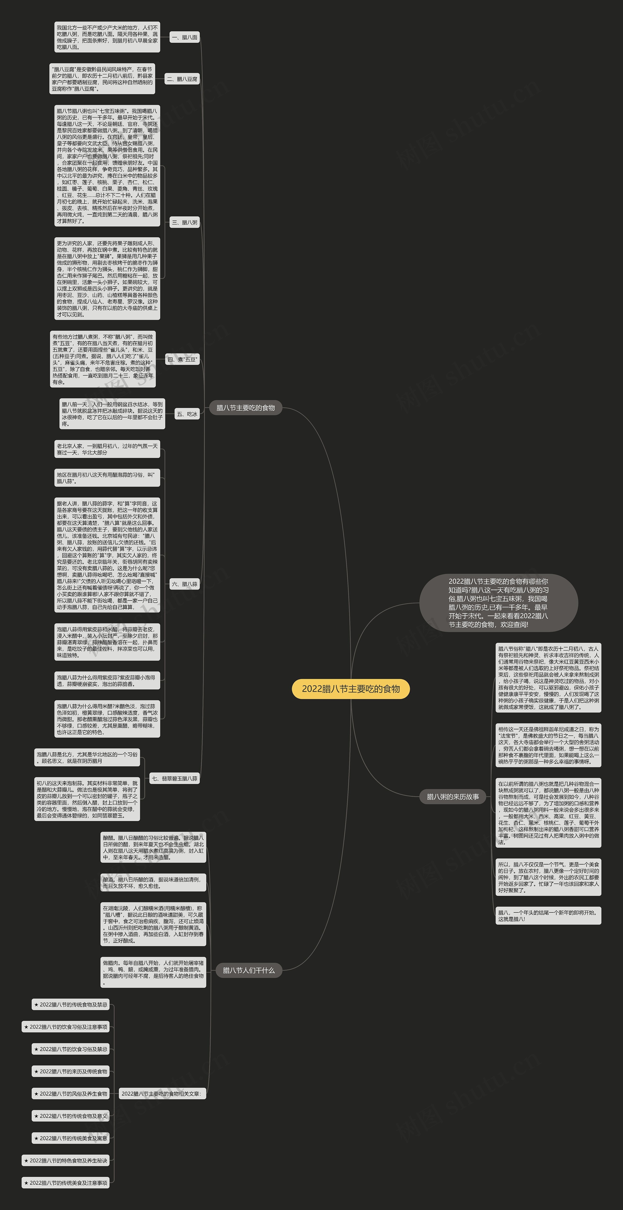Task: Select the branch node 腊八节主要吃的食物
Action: click(x=246, y=408)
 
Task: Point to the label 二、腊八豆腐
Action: click(x=182, y=79)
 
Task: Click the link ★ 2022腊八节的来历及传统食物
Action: click(x=71, y=1071)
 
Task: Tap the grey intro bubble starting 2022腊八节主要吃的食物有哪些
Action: click(x=498, y=603)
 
